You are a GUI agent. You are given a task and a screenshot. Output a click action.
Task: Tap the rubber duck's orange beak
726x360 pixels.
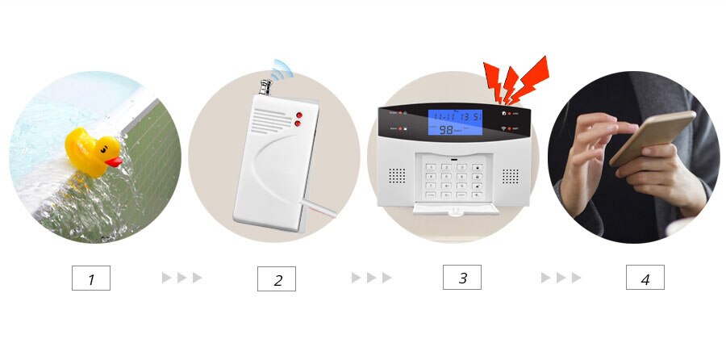[x=114, y=161]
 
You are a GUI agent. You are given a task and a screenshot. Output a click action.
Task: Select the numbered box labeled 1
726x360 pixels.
[x=90, y=278]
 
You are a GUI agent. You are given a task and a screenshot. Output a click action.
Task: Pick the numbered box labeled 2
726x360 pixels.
[x=277, y=279]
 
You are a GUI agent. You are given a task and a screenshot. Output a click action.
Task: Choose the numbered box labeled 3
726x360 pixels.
[x=461, y=277]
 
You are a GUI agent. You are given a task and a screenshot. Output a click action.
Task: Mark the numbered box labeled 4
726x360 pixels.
[x=645, y=278]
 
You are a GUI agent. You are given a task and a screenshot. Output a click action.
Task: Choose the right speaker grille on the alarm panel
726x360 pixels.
[x=511, y=175]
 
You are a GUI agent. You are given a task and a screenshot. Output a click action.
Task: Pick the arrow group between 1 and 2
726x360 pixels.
[x=182, y=278]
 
